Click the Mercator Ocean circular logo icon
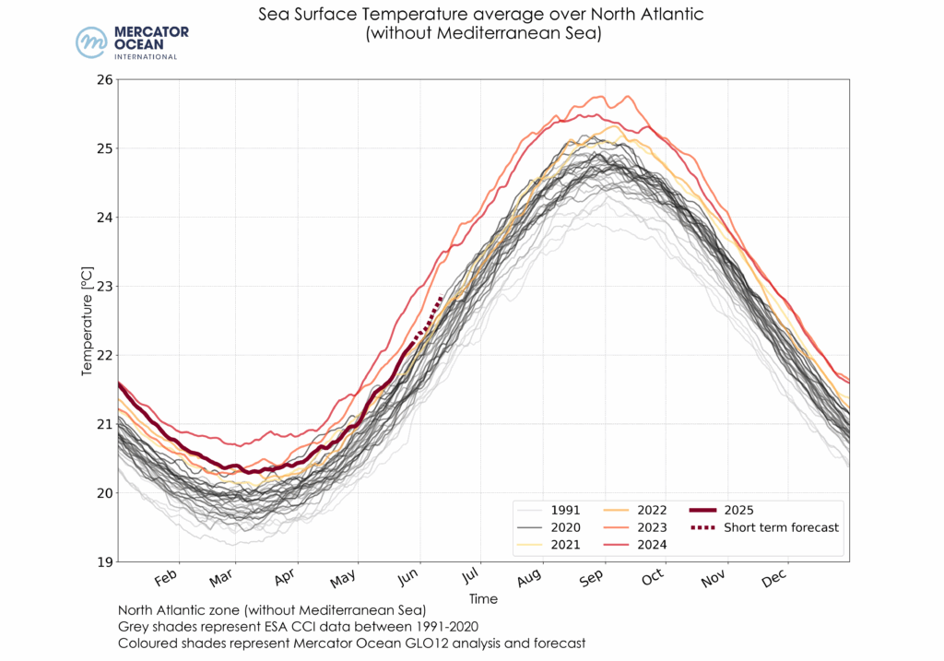tap(91, 42)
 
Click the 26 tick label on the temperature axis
tap(104, 79)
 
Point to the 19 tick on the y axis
tap(104, 561)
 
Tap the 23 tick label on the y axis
tap(104, 286)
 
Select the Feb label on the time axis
tap(167, 579)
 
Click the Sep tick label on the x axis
tap(591, 579)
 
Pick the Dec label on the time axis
tap(773, 579)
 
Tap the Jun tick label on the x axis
tap(409, 579)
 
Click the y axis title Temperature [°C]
tap(88, 320)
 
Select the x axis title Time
tap(483, 599)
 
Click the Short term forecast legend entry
tap(781, 527)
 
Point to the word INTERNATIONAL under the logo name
tap(146, 57)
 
